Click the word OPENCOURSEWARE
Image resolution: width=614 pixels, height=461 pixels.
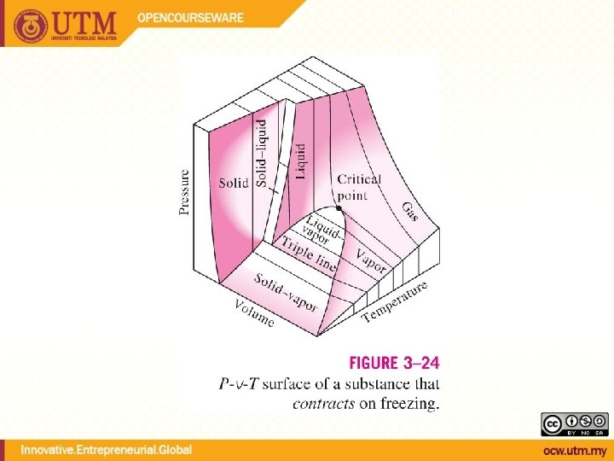[192, 17]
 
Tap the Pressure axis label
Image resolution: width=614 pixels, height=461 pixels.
[185, 191]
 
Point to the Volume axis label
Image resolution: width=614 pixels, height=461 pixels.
[256, 312]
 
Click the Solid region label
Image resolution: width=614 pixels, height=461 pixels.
[233, 183]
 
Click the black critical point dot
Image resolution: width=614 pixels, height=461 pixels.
[340, 208]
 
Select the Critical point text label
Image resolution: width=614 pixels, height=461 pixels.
[359, 187]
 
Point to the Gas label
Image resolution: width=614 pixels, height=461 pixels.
[410, 210]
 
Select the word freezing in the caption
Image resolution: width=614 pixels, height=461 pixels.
[410, 404]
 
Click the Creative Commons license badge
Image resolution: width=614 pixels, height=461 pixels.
[574, 423]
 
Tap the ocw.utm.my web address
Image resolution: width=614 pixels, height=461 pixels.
[576, 450]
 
